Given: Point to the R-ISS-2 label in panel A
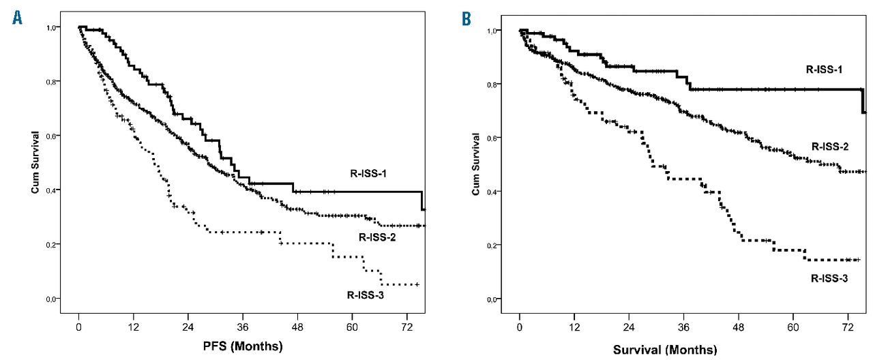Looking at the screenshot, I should pos(380,238).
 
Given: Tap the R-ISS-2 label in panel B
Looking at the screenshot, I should pos(830,146).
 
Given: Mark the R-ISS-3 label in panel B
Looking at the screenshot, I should pos(830,278).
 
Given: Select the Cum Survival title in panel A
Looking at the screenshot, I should pos(34,162).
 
